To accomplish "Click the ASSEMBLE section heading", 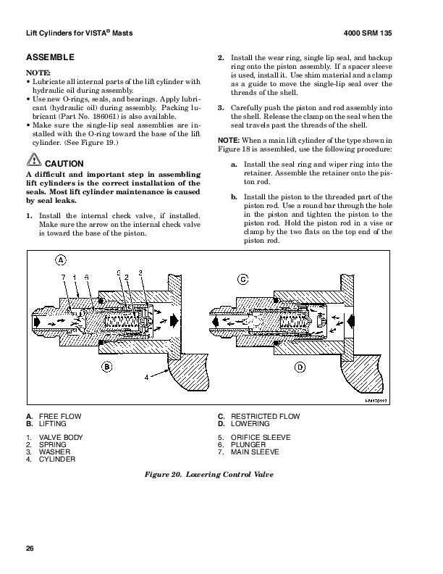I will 50,57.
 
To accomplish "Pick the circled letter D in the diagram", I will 301,367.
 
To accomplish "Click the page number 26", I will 30,547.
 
